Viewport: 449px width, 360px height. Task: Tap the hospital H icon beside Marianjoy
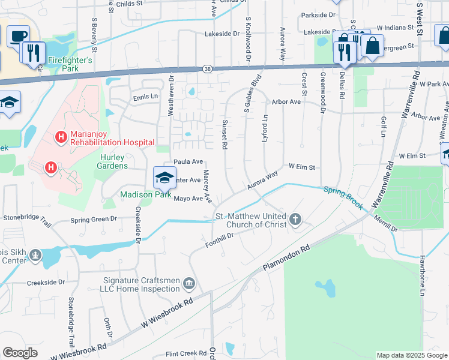point(61,137)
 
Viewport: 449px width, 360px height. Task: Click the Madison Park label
point(146,194)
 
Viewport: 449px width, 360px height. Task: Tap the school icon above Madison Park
point(164,177)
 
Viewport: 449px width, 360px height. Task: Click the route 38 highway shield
point(206,70)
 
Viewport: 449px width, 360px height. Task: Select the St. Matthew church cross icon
point(295,220)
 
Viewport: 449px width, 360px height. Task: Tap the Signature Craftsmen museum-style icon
point(189,282)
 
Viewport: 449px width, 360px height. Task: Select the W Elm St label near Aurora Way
point(302,166)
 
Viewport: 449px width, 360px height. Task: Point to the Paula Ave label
point(188,161)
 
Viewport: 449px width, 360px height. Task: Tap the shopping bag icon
point(372,46)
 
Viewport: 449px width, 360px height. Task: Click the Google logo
point(20,353)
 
